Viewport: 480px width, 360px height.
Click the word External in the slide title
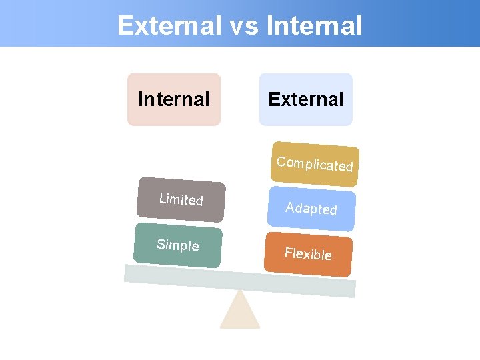pyautogui.click(x=169, y=26)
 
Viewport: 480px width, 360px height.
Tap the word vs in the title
pyautogui.click(x=243, y=26)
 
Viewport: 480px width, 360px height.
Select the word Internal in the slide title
pyautogui.click(x=314, y=26)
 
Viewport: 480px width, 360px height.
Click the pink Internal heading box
pyautogui.click(x=174, y=99)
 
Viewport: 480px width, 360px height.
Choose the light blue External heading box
pyautogui.click(x=306, y=99)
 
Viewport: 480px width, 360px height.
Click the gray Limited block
pyautogui.click(x=181, y=199)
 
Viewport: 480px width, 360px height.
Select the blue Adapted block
pyautogui.click(x=311, y=209)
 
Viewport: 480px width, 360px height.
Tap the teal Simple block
pyautogui.click(x=178, y=245)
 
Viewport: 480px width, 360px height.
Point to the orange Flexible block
pyautogui.click(x=308, y=253)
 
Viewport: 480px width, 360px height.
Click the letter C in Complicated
pyautogui.click(x=281, y=161)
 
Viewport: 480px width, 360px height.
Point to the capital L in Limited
pyautogui.click(x=162, y=197)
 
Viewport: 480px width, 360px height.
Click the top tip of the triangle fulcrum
pyautogui.click(x=240, y=291)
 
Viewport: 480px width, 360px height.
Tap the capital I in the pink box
pyautogui.click(x=140, y=99)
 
